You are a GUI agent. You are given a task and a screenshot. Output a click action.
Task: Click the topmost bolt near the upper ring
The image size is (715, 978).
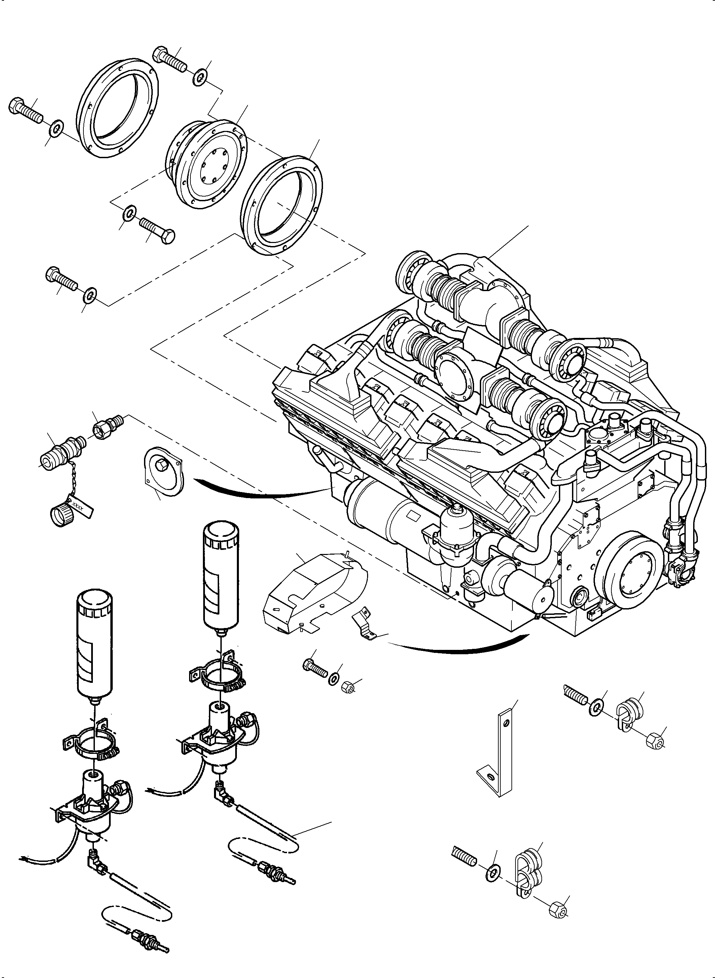pos(169,59)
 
